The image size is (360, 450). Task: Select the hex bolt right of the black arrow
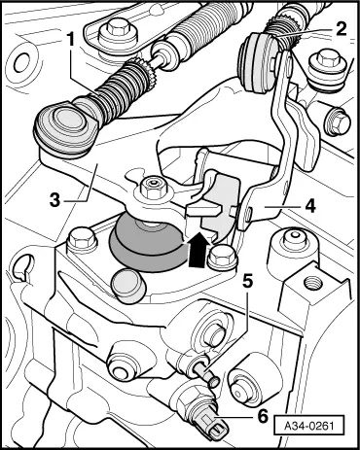point(225,256)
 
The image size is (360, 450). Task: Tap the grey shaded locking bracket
point(222,204)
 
